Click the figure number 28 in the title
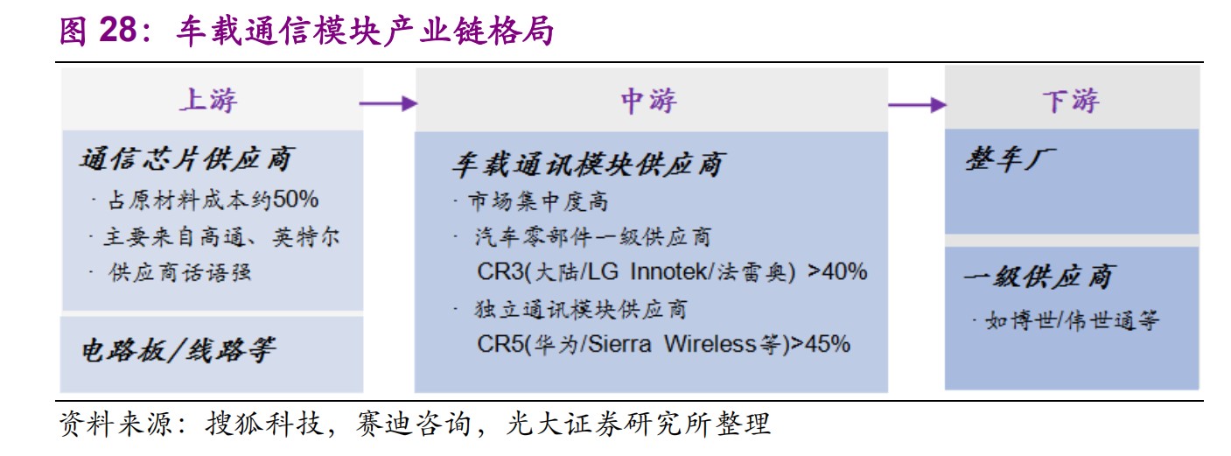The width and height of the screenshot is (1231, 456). tap(117, 31)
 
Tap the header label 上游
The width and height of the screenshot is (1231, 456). tap(209, 101)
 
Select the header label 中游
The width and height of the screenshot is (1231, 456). tap(649, 102)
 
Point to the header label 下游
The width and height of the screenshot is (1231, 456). tap(1071, 102)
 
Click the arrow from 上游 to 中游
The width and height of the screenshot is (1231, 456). tap(388, 103)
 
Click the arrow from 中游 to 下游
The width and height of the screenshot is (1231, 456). tap(917, 104)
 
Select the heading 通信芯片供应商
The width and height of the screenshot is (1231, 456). tap(187, 159)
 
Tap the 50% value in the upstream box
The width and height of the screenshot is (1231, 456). tap(296, 200)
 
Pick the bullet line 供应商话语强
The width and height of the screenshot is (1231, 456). tap(179, 272)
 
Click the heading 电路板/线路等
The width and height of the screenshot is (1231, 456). tap(178, 350)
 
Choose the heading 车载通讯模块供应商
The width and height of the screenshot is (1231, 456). tap(589, 165)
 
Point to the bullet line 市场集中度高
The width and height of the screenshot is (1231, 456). tap(538, 201)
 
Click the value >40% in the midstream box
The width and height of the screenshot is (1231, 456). tap(837, 271)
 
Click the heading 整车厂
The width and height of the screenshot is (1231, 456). tap(1011, 159)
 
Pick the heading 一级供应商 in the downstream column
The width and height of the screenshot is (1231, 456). tap(1039, 277)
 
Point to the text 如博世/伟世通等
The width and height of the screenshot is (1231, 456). tap(1072, 320)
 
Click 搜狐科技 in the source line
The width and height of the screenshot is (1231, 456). tap(264, 424)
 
